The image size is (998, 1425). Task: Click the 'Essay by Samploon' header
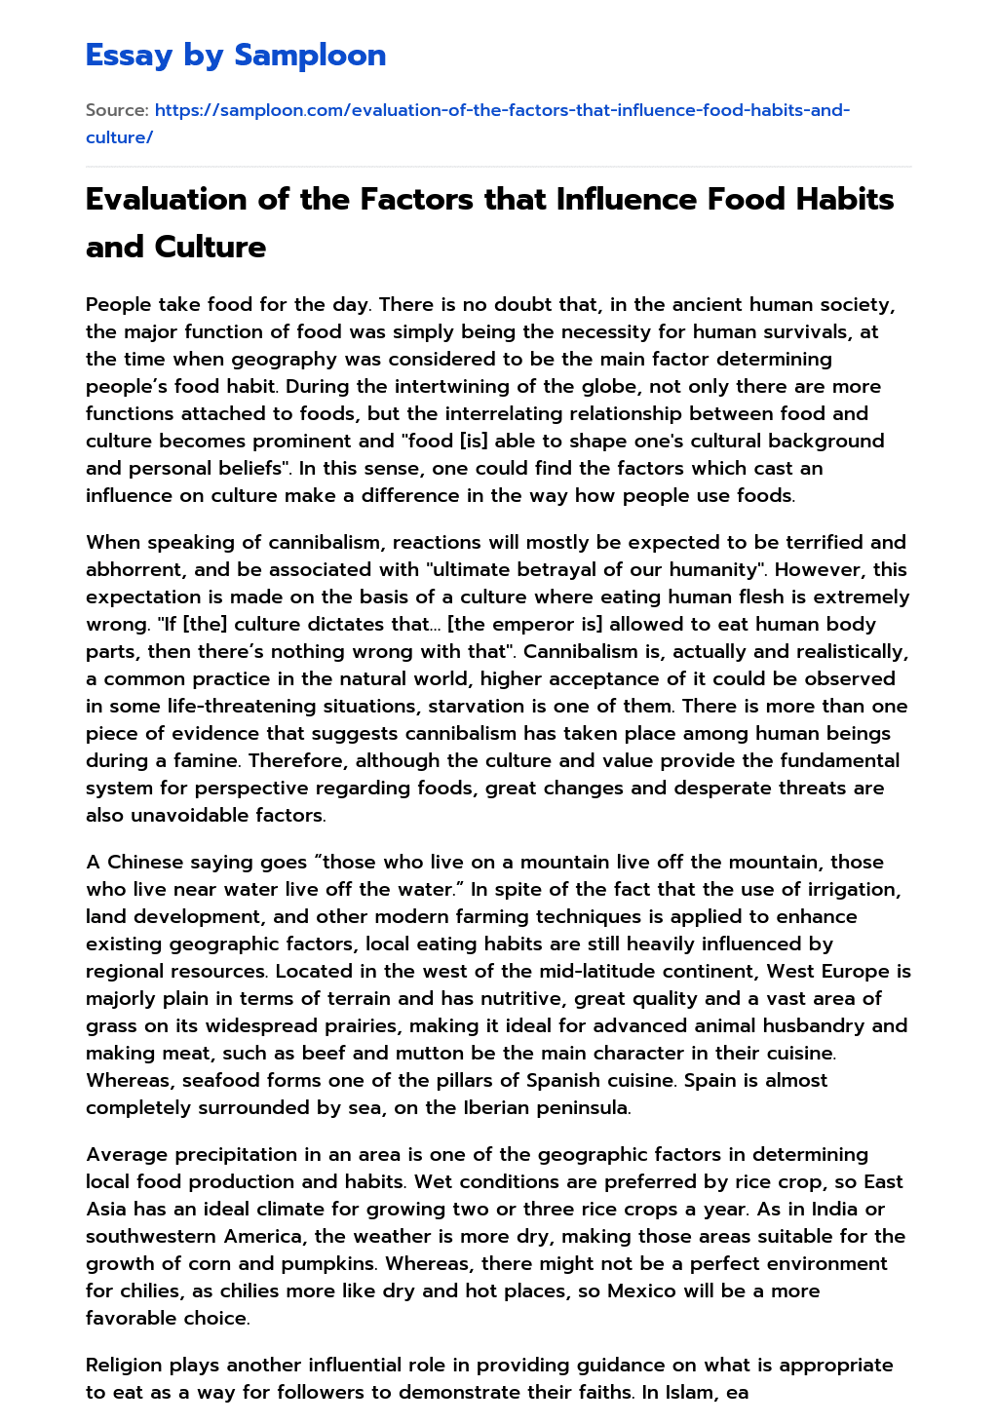tap(236, 56)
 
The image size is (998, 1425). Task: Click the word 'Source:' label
tap(117, 110)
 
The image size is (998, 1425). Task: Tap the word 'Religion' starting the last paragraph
tap(124, 1365)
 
